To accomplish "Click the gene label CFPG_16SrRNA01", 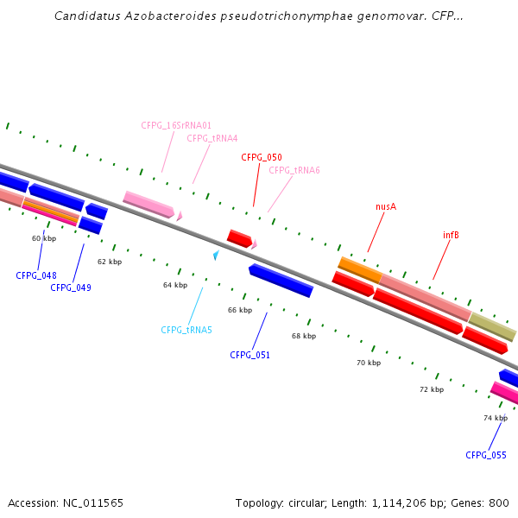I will (176, 125).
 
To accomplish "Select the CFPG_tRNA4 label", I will (212, 138).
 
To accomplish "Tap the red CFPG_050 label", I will (262, 157).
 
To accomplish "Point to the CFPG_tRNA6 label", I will (294, 170).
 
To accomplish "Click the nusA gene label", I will (386, 206).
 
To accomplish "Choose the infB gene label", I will (451, 235).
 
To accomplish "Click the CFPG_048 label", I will (36, 276).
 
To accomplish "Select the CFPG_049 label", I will (71, 287).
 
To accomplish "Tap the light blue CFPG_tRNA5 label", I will (186, 330).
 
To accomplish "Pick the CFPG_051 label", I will (250, 355).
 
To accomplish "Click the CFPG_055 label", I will (486, 455).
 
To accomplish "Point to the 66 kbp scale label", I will (240, 310).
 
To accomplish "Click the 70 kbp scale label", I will (369, 363).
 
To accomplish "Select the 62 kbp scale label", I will (110, 262).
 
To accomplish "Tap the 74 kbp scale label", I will (495, 418).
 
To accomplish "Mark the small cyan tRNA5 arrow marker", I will (216, 255).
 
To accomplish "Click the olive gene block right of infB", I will (492, 327).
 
